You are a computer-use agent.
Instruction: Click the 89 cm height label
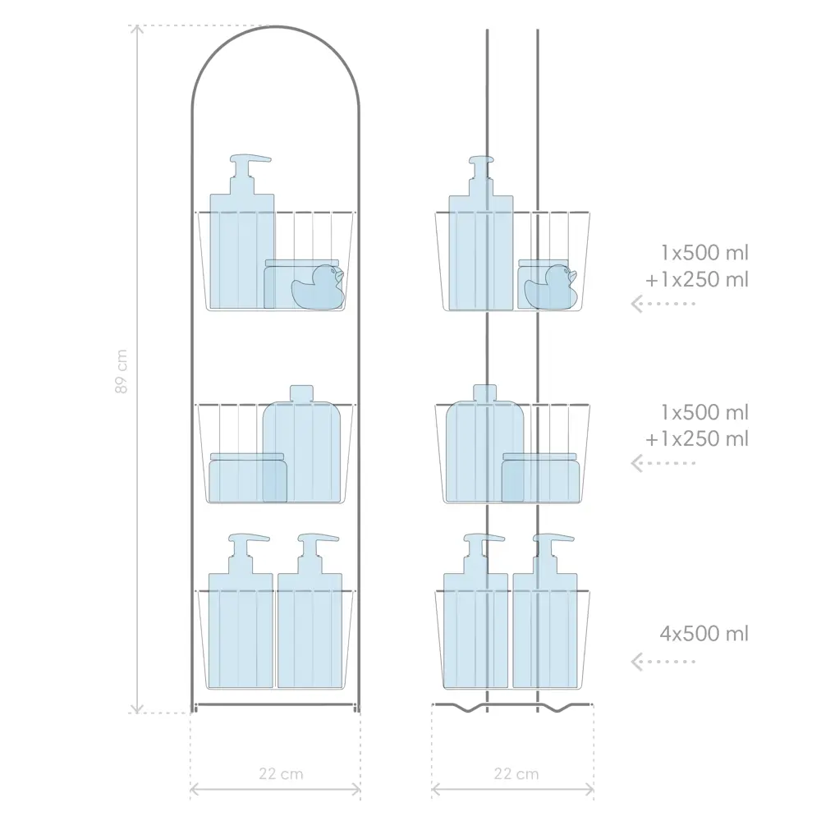coord(121,371)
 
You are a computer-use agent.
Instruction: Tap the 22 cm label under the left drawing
coord(281,774)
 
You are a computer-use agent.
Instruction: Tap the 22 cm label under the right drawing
coord(516,774)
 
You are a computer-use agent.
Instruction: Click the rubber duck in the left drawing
coord(319,287)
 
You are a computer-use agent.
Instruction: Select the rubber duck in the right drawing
coord(551,287)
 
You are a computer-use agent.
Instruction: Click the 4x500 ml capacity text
coord(704,634)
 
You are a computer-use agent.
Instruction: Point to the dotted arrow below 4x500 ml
coord(663,662)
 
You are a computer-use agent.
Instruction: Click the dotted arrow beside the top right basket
coord(663,304)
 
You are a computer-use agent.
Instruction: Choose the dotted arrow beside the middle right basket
coord(663,463)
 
